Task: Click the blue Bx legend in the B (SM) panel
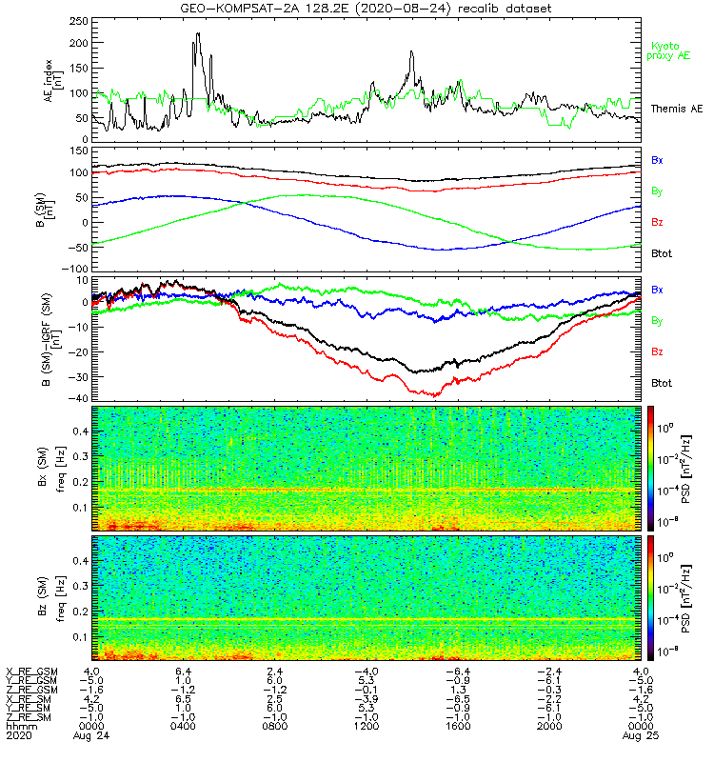coord(657,160)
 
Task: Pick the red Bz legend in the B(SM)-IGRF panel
coord(657,352)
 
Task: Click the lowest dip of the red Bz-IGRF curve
coord(437,394)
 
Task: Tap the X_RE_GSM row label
coord(31,672)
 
